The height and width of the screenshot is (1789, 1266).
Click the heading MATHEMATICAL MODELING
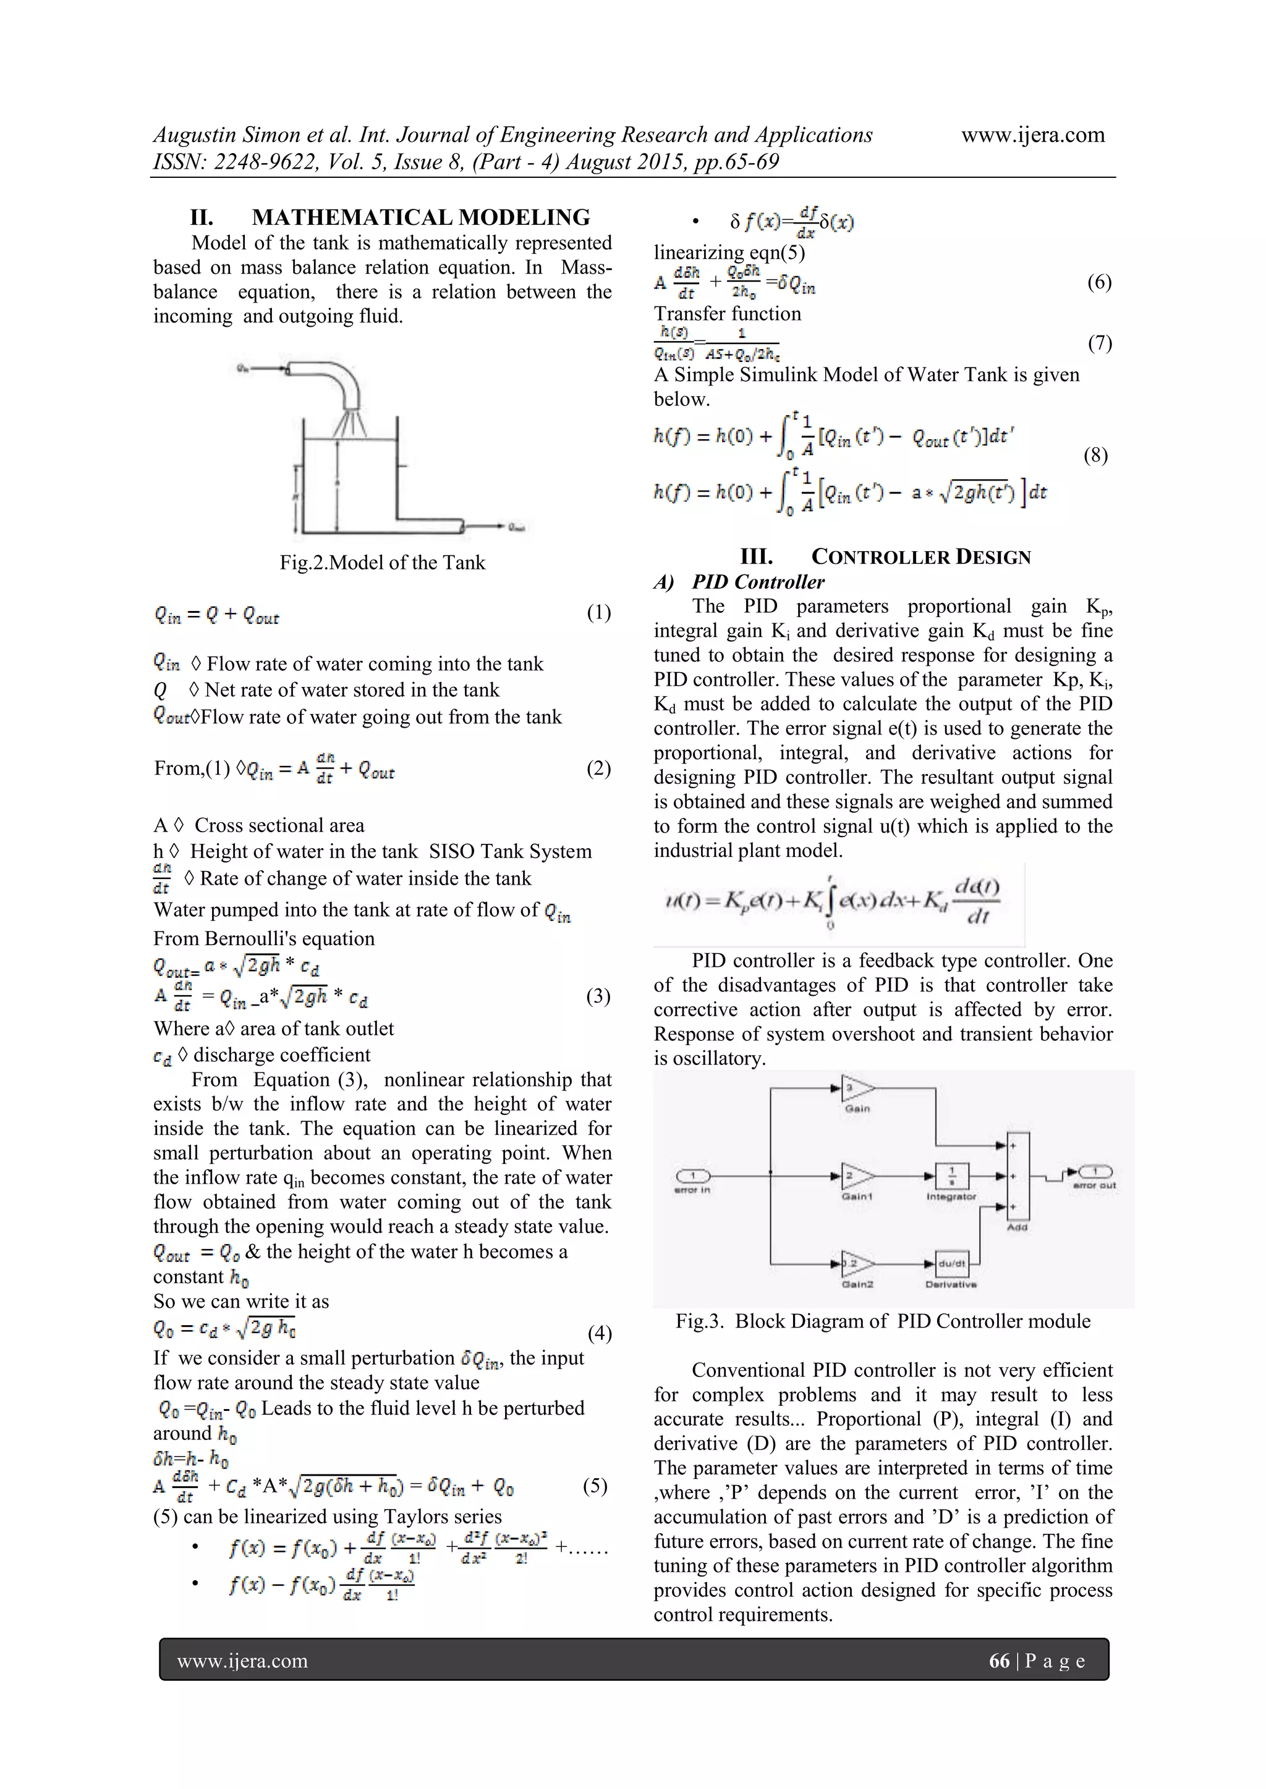point(420,217)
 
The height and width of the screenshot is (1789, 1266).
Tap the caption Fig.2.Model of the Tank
point(382,563)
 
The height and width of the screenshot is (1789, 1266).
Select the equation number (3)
point(598,996)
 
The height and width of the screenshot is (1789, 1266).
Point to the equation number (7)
point(1099,343)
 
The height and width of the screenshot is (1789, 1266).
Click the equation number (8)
point(1095,455)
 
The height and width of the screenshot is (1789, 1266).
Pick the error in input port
point(692,1176)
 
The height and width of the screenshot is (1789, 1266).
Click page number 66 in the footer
point(998,1661)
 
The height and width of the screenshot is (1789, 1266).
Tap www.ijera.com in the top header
point(1032,135)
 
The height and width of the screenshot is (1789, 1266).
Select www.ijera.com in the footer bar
point(242,1661)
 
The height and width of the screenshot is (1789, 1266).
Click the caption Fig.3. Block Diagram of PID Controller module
point(883,1321)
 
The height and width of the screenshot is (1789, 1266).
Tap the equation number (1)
point(598,612)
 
